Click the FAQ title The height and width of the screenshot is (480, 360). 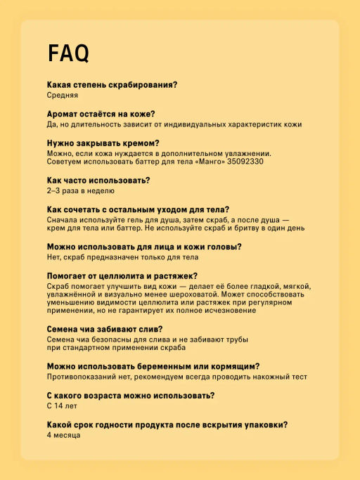pyautogui.click(x=67, y=53)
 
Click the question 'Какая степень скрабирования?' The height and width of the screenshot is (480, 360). pyautogui.click(x=112, y=85)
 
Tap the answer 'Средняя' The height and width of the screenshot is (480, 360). pyautogui.click(x=63, y=95)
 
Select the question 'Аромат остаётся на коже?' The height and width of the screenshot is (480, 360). pyautogui.click(x=101, y=114)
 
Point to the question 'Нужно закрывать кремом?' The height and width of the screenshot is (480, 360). pyautogui.click(x=103, y=143)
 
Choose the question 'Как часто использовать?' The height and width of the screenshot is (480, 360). pyautogui.click(x=98, y=181)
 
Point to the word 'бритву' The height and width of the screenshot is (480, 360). pyautogui.click(x=243, y=228)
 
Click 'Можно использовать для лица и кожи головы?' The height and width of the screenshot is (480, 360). pyautogui.click(x=144, y=247)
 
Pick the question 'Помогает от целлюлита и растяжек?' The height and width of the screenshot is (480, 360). pyautogui.click(x=122, y=276)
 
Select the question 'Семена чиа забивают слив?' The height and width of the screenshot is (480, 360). pyautogui.click(x=105, y=330)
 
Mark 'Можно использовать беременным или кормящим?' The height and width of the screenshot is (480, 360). pyautogui.click(x=153, y=367)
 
